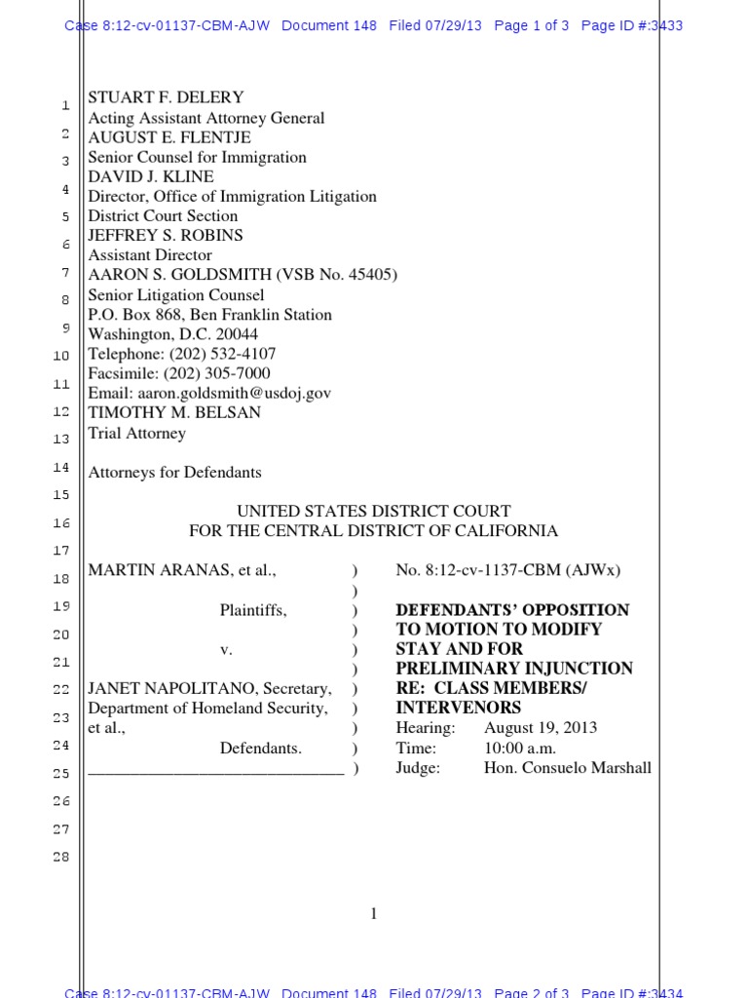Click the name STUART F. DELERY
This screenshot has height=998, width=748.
(166, 97)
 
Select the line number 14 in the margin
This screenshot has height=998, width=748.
(60, 468)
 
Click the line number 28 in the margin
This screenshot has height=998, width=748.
(60, 858)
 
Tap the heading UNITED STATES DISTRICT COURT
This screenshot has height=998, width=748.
(374, 512)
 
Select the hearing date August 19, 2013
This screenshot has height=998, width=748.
(541, 728)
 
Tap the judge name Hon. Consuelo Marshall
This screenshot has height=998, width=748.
(567, 768)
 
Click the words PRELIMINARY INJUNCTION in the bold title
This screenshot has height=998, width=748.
(514, 669)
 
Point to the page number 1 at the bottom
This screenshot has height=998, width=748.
(374, 913)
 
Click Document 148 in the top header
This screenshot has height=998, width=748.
(329, 25)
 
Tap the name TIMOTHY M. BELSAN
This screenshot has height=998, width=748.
(174, 412)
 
